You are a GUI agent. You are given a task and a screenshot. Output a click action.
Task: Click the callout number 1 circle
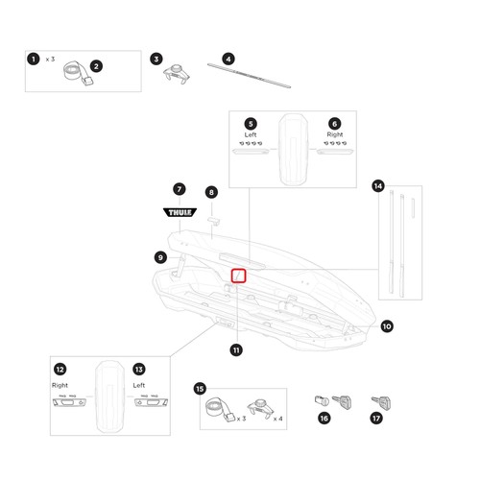click(34, 59)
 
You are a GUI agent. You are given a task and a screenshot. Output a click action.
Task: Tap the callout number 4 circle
click(228, 59)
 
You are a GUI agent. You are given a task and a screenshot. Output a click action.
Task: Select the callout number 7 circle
click(180, 189)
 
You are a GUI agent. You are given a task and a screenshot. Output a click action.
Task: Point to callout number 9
click(160, 257)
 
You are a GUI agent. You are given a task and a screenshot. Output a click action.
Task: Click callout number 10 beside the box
click(387, 326)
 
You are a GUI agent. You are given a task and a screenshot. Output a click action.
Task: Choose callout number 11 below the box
click(236, 349)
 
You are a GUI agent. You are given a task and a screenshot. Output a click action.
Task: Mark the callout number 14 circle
click(378, 186)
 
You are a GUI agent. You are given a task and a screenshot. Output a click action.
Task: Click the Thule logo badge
click(180, 212)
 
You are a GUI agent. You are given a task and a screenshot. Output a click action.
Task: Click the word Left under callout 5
click(251, 134)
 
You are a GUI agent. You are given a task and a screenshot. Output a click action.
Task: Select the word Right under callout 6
click(335, 134)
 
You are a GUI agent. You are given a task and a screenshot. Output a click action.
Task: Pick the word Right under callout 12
click(60, 385)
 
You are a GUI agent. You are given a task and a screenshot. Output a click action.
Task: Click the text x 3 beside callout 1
click(50, 60)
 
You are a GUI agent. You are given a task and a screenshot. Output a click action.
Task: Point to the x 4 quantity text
click(278, 419)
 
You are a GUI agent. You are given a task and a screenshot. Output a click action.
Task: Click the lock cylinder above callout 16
click(322, 401)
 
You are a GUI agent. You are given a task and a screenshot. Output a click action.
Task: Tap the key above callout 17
click(381, 403)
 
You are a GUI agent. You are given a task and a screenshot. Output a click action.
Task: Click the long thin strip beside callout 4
click(249, 76)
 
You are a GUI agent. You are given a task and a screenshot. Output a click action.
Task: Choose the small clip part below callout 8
click(214, 221)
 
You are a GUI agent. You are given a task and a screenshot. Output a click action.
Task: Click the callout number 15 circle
click(200, 389)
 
